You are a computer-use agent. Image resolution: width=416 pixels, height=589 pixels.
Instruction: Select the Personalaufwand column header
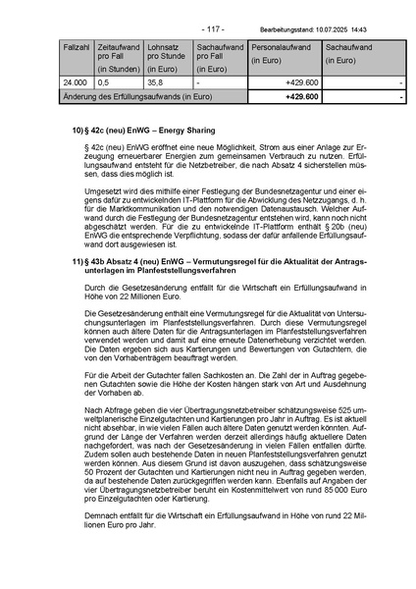[283, 46]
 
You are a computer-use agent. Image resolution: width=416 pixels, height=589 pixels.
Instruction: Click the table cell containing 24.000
[76, 83]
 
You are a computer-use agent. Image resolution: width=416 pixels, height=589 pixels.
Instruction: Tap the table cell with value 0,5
[104, 83]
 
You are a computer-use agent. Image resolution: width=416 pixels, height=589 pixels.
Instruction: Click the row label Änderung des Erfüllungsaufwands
[136, 97]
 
